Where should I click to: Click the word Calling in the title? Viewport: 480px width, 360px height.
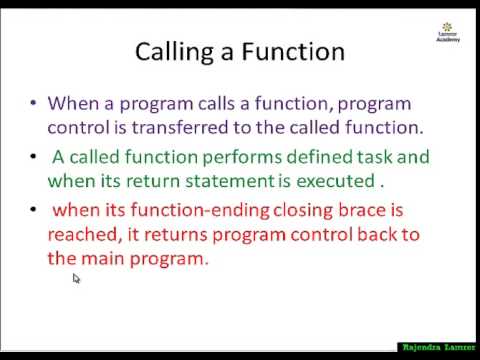(x=174, y=51)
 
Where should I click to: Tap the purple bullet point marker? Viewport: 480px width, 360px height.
(x=35, y=103)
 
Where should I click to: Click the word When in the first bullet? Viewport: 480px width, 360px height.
(x=70, y=103)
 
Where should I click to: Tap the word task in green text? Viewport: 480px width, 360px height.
(x=361, y=157)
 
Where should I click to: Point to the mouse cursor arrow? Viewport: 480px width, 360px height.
(x=76, y=279)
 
